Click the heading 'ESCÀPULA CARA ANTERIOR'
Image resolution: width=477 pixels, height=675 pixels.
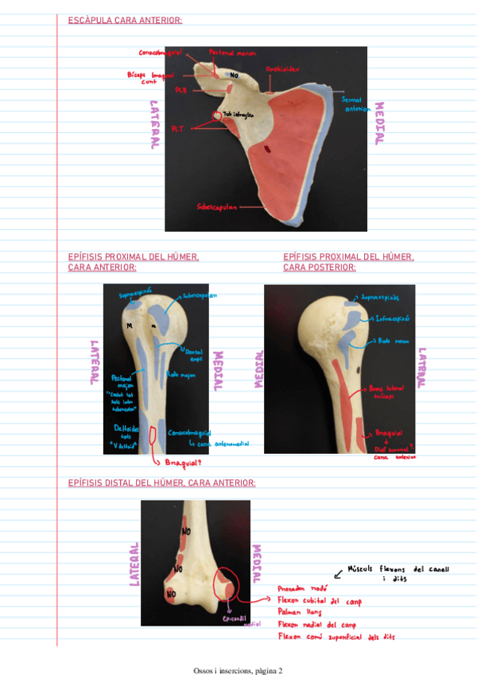(x=126, y=21)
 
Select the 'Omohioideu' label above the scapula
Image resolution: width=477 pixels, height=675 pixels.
(x=282, y=69)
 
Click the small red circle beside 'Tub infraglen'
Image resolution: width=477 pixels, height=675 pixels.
(x=216, y=116)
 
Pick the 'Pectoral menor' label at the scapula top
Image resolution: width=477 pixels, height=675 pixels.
(x=232, y=53)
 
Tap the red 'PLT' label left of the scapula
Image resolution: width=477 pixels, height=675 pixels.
(x=178, y=127)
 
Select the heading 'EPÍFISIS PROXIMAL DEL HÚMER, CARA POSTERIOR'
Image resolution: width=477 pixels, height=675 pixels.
(x=348, y=262)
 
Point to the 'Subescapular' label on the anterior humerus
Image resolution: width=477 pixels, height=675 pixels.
(x=200, y=295)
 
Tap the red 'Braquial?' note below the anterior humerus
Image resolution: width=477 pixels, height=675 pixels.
(x=182, y=462)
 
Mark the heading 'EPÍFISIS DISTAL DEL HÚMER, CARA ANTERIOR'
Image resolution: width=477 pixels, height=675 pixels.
(x=162, y=482)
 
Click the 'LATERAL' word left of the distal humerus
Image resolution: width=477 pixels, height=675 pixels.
(x=134, y=564)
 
